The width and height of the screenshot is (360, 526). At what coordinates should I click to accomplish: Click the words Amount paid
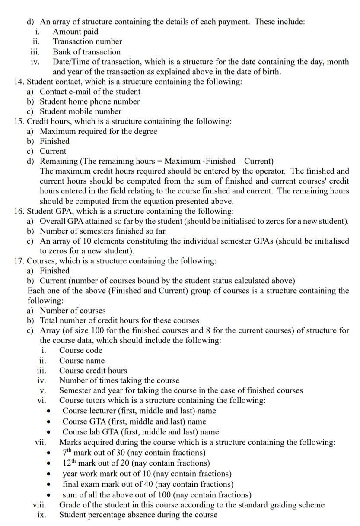tap(75, 32)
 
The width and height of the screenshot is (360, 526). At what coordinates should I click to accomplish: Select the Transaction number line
tap(87, 41)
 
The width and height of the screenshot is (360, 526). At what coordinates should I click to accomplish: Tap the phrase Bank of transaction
tap(86, 52)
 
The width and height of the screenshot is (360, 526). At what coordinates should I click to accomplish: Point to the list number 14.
tap(19, 82)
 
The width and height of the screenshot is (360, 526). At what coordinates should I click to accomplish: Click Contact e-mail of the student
tap(90, 92)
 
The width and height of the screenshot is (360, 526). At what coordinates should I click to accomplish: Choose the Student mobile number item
tap(80, 111)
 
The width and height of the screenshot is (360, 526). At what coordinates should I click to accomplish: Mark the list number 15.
tap(19, 121)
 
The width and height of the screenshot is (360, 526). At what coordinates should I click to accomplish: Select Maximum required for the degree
tap(99, 131)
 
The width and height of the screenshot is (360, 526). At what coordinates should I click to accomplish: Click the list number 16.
tap(19, 211)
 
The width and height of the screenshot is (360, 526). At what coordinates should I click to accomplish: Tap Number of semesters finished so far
tap(103, 231)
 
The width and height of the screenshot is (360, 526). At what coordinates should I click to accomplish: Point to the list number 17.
tap(19, 261)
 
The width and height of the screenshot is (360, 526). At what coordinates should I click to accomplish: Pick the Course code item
tap(81, 350)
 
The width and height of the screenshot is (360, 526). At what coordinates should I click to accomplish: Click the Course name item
tap(82, 361)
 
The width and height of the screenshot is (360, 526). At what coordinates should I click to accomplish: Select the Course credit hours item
tap(93, 371)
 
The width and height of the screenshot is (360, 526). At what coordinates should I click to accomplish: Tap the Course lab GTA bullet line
tap(140, 432)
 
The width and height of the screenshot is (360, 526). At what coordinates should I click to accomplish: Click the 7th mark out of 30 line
tap(134, 453)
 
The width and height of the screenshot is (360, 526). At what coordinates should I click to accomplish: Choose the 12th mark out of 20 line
tap(136, 463)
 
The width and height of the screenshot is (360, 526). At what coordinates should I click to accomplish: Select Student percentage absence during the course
tap(138, 515)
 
